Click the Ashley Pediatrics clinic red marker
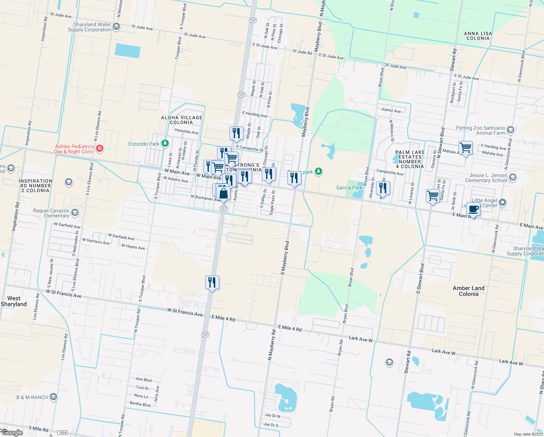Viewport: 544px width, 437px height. [x=100, y=149]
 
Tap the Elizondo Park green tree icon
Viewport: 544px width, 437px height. [x=165, y=143]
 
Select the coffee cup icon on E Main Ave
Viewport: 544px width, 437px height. [x=473, y=210]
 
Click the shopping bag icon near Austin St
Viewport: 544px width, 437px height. [x=224, y=194]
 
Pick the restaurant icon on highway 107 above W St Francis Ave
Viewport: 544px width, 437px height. [x=212, y=283]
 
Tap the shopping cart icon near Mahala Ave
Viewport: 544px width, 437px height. [x=465, y=148]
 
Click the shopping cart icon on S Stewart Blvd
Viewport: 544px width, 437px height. [x=433, y=196]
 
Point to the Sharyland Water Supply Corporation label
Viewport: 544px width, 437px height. [x=89, y=27]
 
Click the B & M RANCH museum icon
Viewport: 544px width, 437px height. [x=53, y=397]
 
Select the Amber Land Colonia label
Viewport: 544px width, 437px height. [x=468, y=291]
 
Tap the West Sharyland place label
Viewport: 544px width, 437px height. [x=14, y=301]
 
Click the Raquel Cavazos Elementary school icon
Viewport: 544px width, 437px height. [x=75, y=213]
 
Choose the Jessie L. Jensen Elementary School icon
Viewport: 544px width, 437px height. [x=513, y=177]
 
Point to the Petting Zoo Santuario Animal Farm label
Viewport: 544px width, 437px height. [x=480, y=130]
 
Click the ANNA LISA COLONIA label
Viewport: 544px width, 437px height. [x=478, y=36]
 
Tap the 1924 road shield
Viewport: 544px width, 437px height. [x=63, y=433]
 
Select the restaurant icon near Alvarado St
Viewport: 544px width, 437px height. [x=383, y=188]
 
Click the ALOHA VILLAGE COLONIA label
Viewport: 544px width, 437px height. [x=181, y=120]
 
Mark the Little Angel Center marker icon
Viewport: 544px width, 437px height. [x=503, y=202]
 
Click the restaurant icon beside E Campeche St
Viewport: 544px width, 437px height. [x=236, y=133]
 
